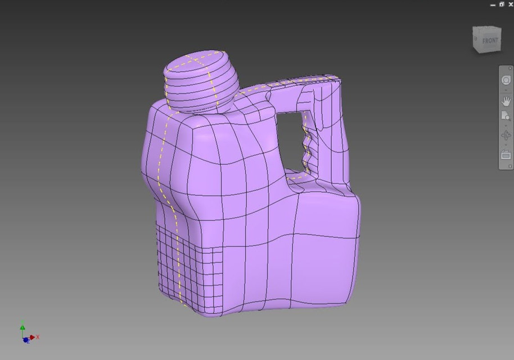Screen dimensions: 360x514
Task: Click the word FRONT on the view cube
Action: tap(490, 40)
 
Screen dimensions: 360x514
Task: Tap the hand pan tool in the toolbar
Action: tap(506, 101)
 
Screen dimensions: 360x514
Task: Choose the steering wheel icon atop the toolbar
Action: tap(506, 80)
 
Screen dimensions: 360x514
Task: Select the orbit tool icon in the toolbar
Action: tap(506, 136)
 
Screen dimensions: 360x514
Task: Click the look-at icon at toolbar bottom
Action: tap(506, 155)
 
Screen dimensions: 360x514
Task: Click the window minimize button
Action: tap(493, 4)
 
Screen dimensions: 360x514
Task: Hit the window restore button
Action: tap(502, 4)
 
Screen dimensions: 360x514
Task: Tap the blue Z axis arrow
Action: tap(26, 340)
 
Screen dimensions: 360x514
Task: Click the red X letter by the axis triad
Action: tap(38, 337)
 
